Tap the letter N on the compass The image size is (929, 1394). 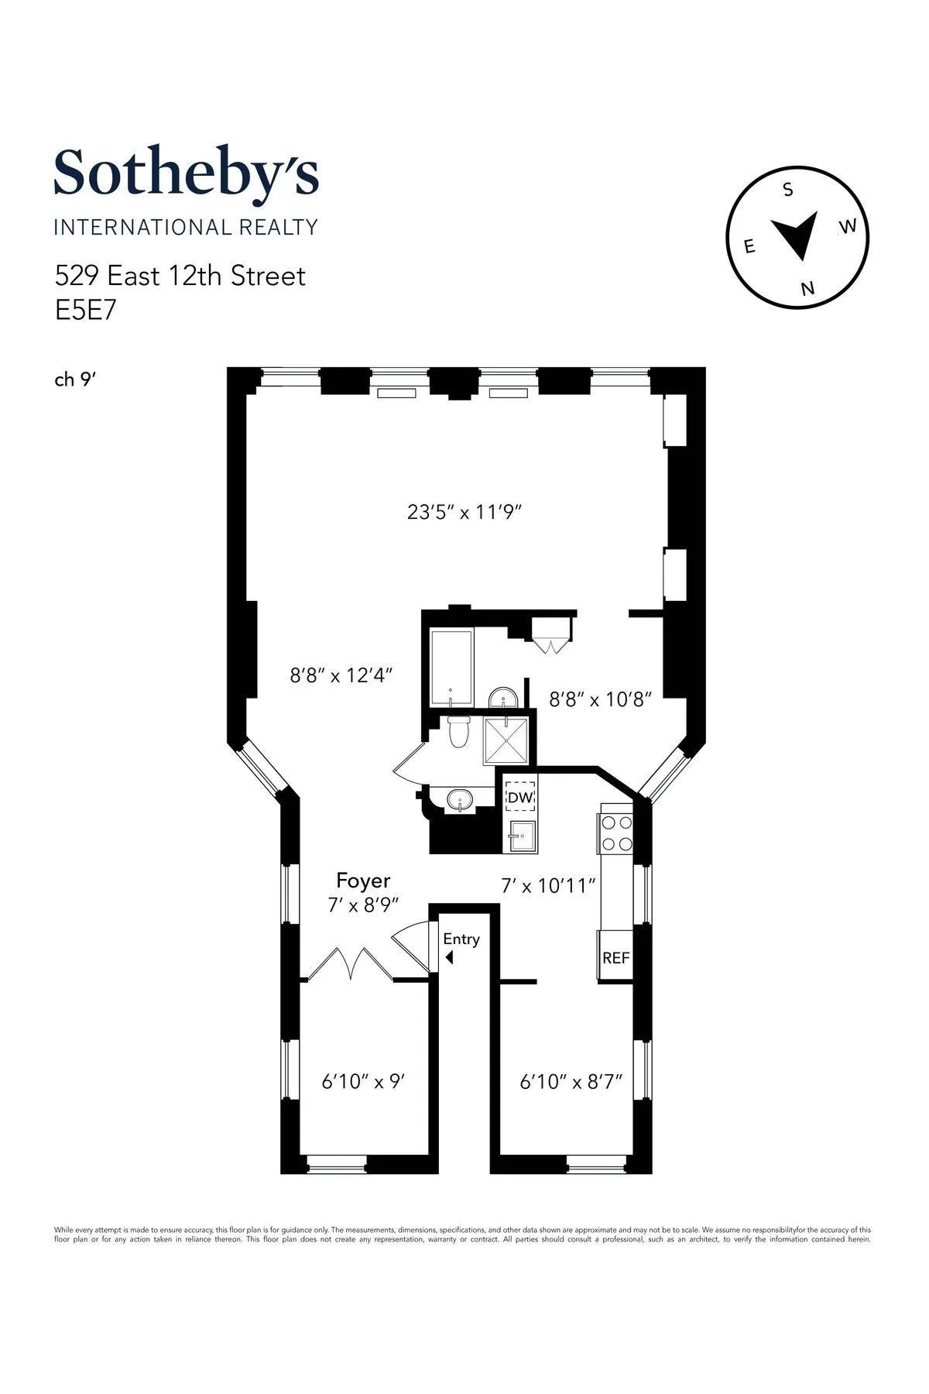[808, 288]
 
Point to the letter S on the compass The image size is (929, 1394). [788, 190]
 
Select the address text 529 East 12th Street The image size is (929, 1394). [180, 276]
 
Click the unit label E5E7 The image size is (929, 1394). [84, 310]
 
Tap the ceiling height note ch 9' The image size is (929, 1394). [74, 379]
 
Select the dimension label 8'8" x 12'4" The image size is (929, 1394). [341, 675]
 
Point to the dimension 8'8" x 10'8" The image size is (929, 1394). [600, 699]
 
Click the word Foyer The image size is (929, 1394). [363, 881]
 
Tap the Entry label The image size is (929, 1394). [461, 939]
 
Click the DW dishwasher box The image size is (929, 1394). [520, 797]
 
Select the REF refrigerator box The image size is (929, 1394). [616, 957]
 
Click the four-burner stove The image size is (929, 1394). [617, 833]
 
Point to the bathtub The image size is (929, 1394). [450, 668]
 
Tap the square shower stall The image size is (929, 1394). [507, 741]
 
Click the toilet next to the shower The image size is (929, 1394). [459, 732]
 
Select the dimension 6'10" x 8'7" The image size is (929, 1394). [571, 1081]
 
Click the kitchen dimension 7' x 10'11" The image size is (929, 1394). [549, 884]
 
